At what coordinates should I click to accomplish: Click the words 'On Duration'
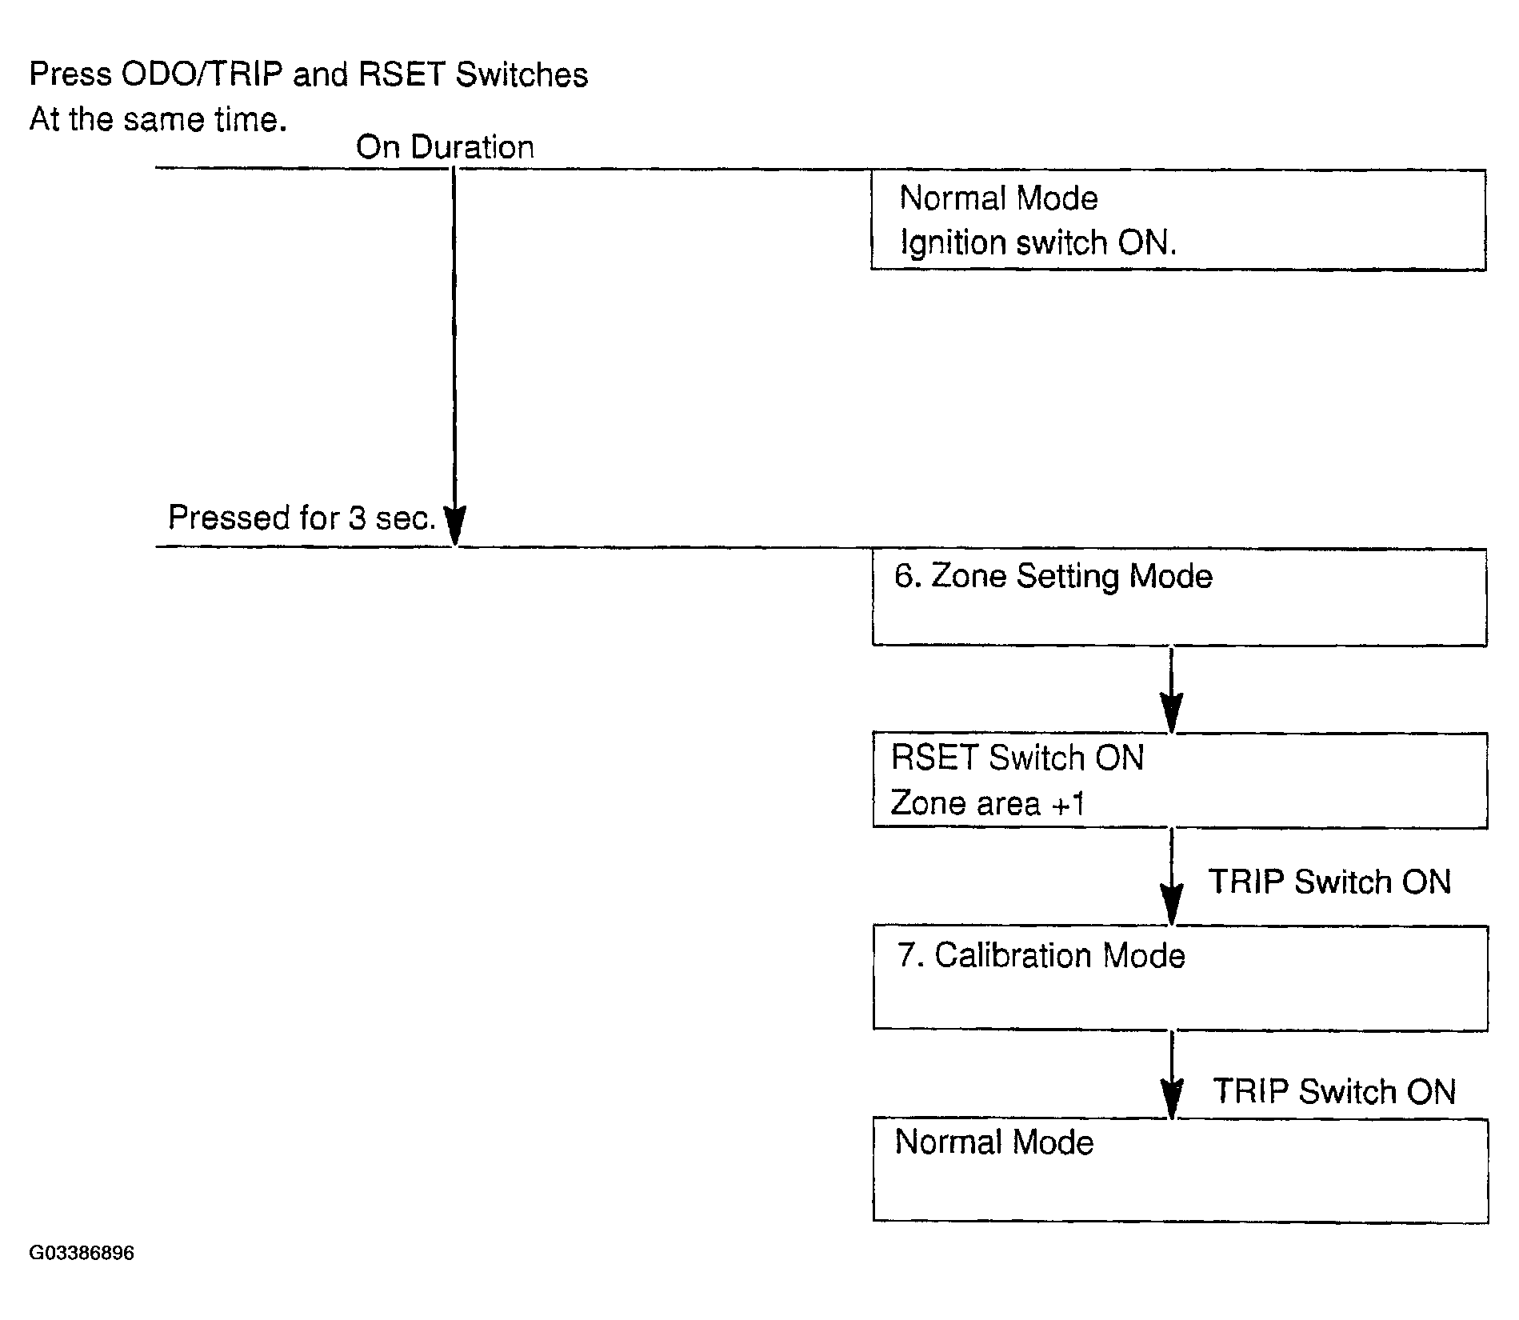445,147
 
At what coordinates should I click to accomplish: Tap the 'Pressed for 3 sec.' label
302,518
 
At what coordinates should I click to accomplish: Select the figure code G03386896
82,1253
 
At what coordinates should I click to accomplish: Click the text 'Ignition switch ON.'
1038,243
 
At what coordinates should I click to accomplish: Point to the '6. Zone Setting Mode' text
1053,577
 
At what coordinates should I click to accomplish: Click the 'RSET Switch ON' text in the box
1017,758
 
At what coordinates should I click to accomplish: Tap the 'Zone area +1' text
988,803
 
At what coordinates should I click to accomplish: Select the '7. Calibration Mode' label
1041,955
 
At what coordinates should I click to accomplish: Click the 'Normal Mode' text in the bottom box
994,1142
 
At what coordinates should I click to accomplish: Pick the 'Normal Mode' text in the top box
999,198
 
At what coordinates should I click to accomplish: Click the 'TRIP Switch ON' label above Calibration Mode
1329,882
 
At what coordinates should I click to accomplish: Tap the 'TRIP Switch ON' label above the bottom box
1334,1091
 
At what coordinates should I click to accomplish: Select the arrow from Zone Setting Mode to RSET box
1172,689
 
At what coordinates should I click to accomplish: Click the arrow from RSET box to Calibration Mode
1172,877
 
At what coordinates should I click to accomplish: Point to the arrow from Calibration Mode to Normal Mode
1172,1074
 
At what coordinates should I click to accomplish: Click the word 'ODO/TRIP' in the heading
202,74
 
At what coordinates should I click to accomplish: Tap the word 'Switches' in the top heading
522,74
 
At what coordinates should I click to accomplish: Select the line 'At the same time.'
158,120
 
